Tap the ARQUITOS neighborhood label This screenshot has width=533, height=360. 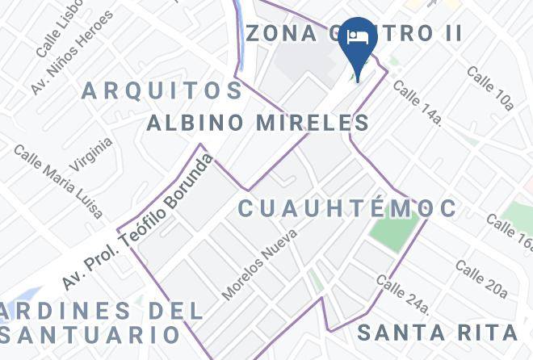tap(162, 90)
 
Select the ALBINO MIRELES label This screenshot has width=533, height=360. tap(258, 123)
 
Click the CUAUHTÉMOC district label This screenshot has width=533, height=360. tap(347, 208)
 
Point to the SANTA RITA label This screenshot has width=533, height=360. tap(437, 333)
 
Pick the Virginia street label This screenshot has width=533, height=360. tap(90, 153)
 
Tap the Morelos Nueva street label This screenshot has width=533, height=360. tap(260, 264)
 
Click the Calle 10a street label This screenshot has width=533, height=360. tap(490, 87)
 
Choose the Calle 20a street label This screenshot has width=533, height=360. tap(481, 278)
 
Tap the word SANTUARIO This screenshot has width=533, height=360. tap(88, 333)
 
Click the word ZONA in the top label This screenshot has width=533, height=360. tap(279, 33)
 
